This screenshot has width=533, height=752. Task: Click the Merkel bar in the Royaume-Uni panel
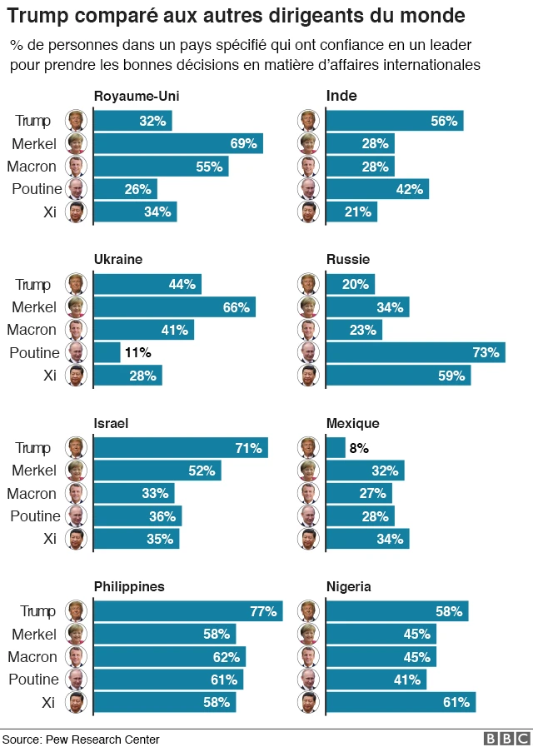(177, 143)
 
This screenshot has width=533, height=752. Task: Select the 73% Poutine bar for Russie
(415, 352)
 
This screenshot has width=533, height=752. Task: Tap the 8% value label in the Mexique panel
(359, 448)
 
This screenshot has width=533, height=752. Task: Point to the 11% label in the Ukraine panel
(137, 352)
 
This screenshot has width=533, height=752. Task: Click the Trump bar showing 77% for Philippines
(187, 611)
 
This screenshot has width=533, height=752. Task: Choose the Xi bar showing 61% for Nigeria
(400, 702)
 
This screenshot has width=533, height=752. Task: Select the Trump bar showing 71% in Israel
(180, 448)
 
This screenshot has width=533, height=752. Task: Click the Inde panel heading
(341, 96)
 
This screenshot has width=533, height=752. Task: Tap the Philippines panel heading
(129, 586)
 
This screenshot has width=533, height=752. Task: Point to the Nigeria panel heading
(348, 586)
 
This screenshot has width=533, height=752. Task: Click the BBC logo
(506, 739)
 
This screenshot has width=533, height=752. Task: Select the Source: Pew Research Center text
(81, 740)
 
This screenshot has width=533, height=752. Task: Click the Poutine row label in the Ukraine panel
(35, 353)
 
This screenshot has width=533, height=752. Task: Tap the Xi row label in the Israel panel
(49, 539)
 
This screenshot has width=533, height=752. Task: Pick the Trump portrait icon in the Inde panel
(308, 121)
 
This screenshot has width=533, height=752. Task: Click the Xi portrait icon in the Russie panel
(308, 376)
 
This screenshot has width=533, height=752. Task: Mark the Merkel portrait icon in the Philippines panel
(76, 634)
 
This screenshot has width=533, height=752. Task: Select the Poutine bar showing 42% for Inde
(376, 189)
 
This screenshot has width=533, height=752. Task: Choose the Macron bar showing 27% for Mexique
(358, 493)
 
